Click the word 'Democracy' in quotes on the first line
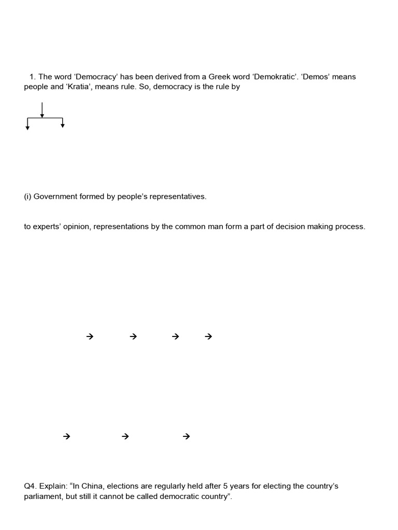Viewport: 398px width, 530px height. [x=96, y=77]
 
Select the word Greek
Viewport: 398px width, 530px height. [x=211, y=77]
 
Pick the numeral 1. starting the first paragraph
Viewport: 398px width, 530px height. [x=33, y=77]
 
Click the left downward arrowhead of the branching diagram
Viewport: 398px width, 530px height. [x=27, y=127]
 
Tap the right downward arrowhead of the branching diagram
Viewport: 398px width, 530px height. [x=63, y=125]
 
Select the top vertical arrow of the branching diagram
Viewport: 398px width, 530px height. [x=42, y=110]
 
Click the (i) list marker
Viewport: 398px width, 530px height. [x=28, y=197]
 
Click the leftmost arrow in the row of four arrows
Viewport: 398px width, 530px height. [x=90, y=336]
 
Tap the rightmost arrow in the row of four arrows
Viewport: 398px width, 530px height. [x=209, y=336]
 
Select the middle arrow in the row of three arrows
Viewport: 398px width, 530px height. [x=125, y=436]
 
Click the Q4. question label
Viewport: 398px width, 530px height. [x=31, y=486]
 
